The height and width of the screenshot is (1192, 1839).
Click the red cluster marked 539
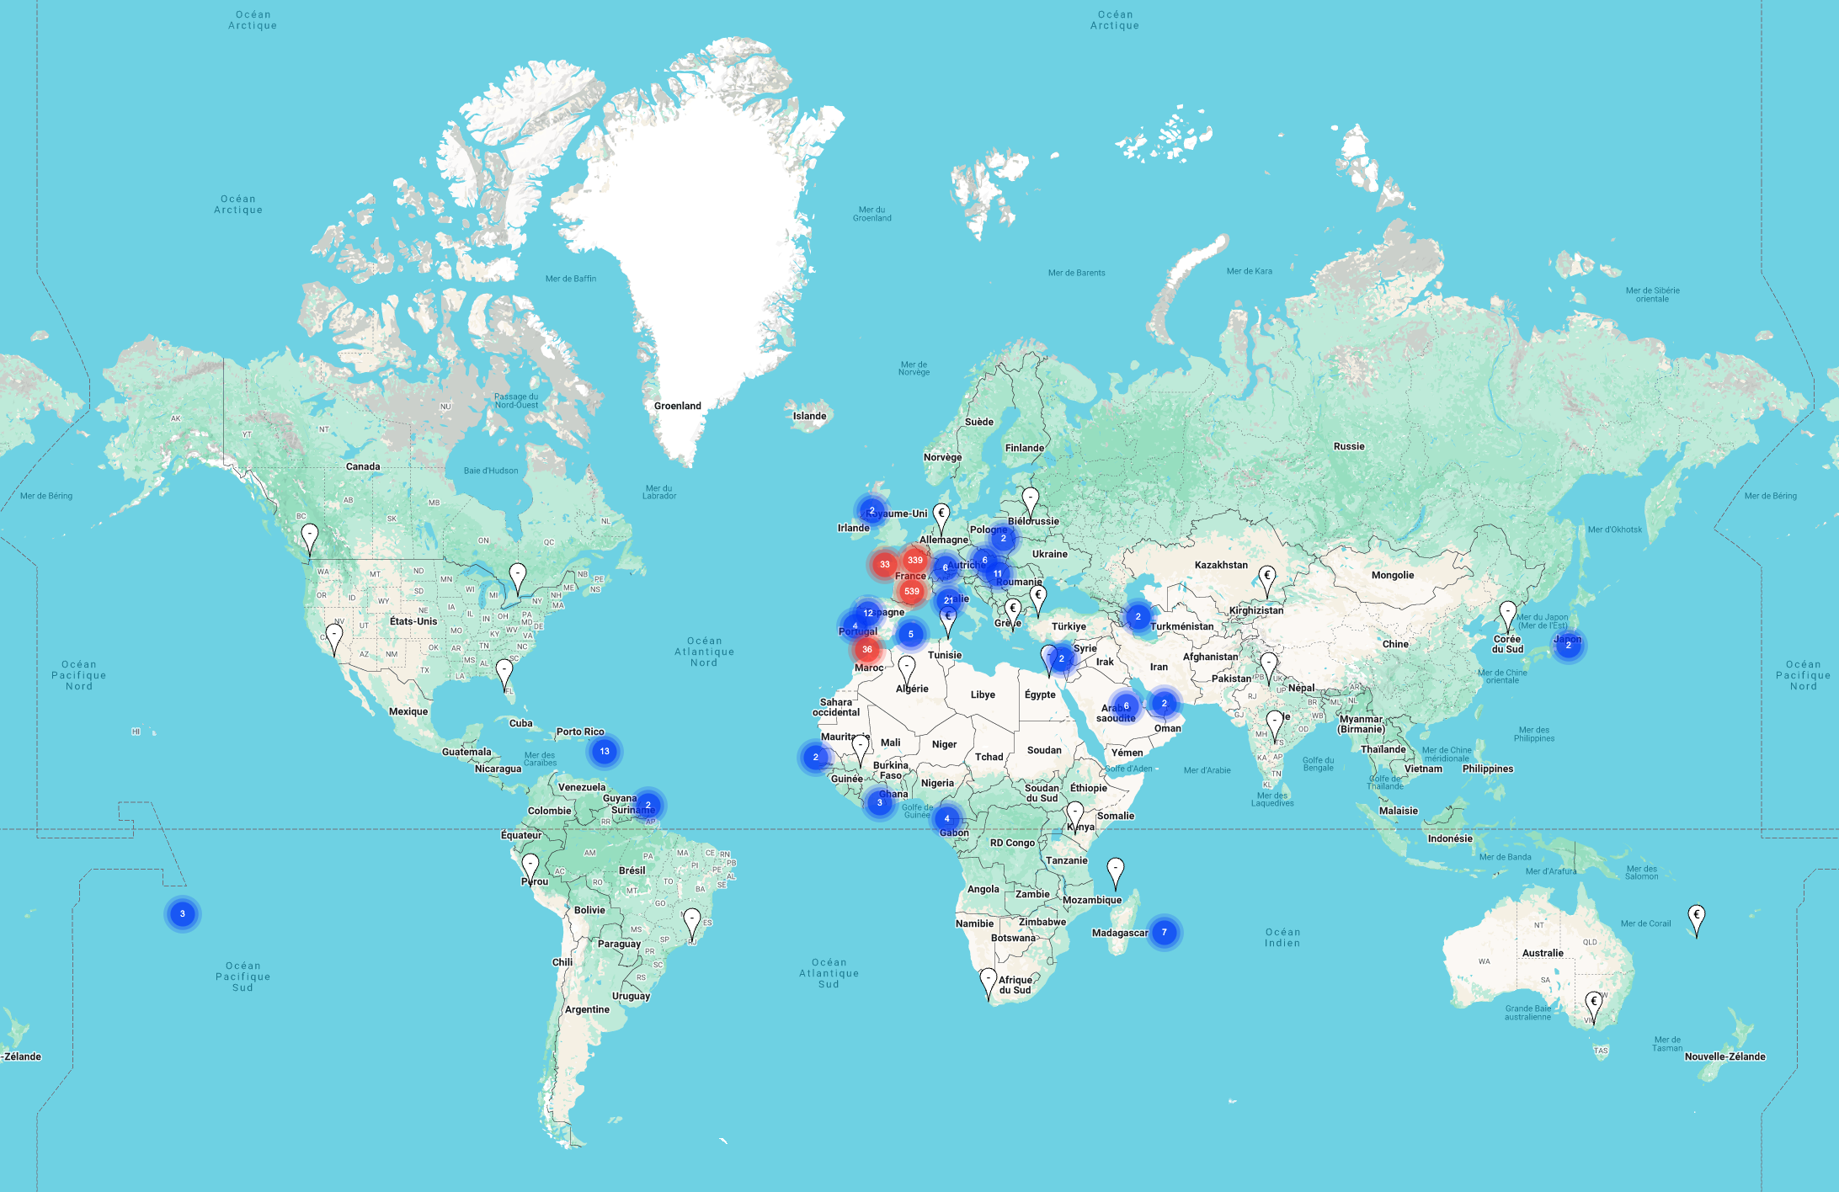(911, 591)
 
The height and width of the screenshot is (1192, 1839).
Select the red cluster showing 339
(915, 560)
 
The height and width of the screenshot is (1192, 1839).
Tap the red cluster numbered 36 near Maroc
(866, 649)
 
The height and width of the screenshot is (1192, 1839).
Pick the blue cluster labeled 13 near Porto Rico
(605, 751)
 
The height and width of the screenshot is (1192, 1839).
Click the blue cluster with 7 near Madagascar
(1164, 932)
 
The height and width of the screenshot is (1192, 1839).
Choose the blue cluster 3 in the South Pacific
(182, 913)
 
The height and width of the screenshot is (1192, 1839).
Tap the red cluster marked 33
(884, 565)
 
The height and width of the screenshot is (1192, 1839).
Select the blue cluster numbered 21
(949, 600)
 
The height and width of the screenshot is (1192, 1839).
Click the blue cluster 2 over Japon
(1568, 645)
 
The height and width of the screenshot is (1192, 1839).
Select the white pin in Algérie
(906, 669)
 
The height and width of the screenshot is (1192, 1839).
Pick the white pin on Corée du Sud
(1508, 615)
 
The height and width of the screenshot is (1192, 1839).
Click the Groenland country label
(677, 406)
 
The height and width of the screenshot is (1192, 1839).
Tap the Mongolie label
(1392, 575)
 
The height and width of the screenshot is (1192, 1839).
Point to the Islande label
(809, 416)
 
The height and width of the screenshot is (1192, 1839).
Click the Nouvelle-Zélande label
(1724, 1056)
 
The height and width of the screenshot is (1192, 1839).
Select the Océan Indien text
(1282, 937)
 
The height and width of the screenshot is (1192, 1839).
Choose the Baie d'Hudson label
(491, 471)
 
